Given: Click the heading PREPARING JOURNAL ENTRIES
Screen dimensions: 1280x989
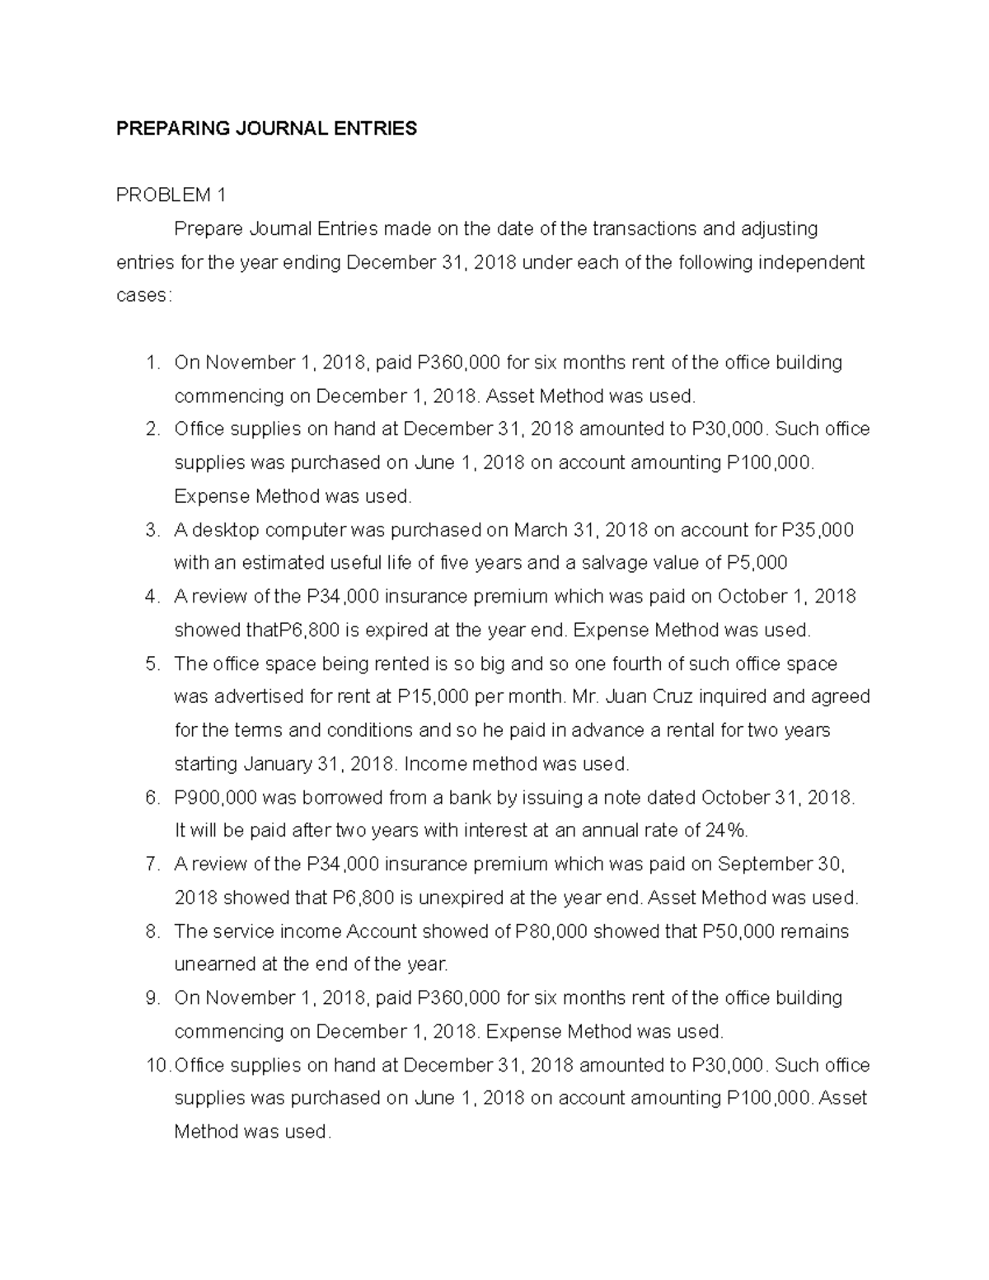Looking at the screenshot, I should pos(266,129).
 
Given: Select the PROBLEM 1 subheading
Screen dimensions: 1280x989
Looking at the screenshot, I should pos(171,195).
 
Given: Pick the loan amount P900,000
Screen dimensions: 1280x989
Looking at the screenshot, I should pos(216,798).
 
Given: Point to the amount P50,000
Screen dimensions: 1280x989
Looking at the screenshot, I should pos(738,931).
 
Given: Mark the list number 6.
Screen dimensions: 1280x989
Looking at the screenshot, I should pos(152,798).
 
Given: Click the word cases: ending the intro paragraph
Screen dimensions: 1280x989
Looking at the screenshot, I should pos(144,296).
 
